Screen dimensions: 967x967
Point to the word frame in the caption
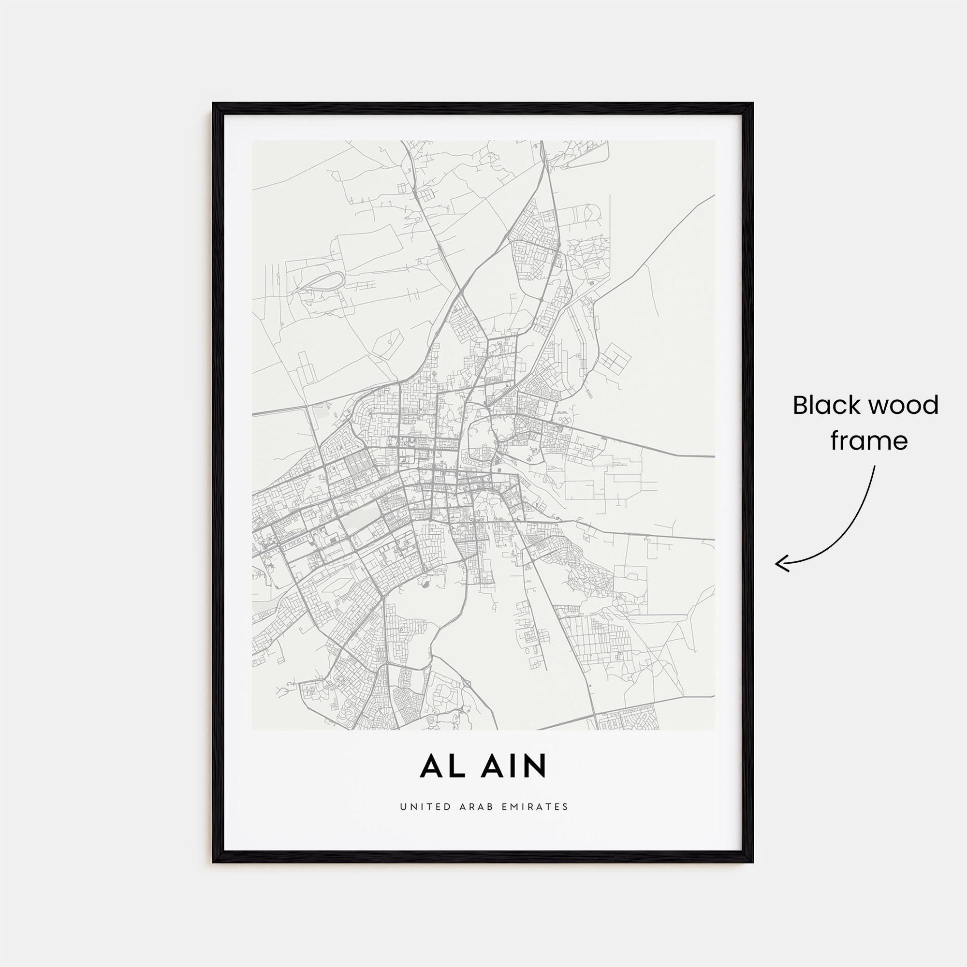869,441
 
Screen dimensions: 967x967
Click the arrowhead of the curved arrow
779,564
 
